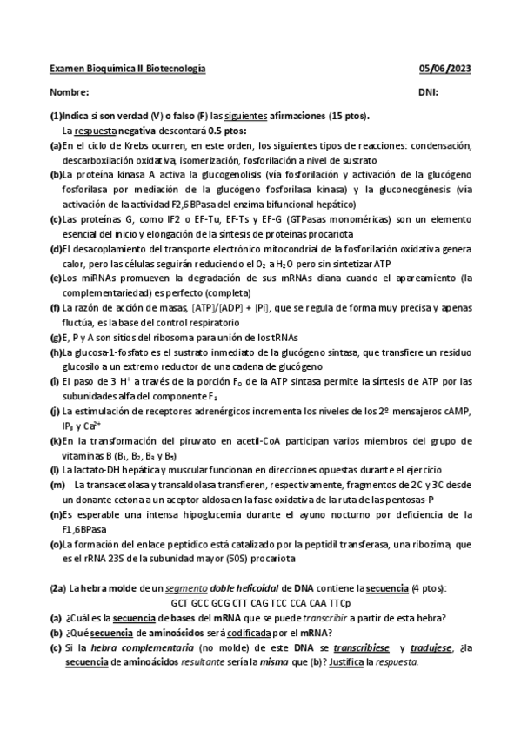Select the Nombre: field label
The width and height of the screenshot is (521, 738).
(x=70, y=92)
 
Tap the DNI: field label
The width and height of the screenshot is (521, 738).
(x=428, y=92)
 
